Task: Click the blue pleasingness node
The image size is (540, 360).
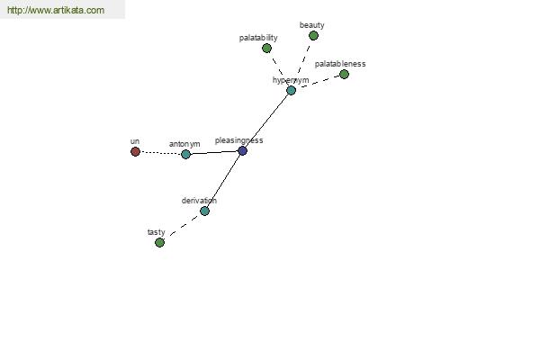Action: click(x=242, y=150)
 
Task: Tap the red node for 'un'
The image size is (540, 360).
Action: click(x=135, y=151)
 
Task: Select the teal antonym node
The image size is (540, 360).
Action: click(x=185, y=154)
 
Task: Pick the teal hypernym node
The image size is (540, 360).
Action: click(x=291, y=90)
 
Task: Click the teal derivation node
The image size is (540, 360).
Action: click(x=204, y=211)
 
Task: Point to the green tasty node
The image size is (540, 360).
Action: click(x=159, y=242)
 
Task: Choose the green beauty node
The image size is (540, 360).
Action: click(x=313, y=35)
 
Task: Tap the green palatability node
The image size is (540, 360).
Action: click(x=266, y=49)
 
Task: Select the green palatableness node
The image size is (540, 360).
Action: click(x=344, y=74)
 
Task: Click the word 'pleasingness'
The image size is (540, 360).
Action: click(x=239, y=140)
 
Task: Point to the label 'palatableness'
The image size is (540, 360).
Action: click(x=340, y=64)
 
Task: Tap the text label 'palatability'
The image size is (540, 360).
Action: click(x=258, y=38)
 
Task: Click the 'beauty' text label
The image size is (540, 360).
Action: click(x=312, y=25)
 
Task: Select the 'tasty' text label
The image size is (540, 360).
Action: click(x=157, y=232)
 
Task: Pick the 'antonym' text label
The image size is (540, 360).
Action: click(x=184, y=144)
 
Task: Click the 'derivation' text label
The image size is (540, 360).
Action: click(x=199, y=201)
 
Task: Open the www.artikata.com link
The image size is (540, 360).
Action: click(x=56, y=10)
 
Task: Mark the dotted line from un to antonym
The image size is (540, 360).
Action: click(x=160, y=153)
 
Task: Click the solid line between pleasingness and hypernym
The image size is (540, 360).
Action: click(x=266, y=121)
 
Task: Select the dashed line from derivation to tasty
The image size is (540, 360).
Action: click(x=184, y=225)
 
